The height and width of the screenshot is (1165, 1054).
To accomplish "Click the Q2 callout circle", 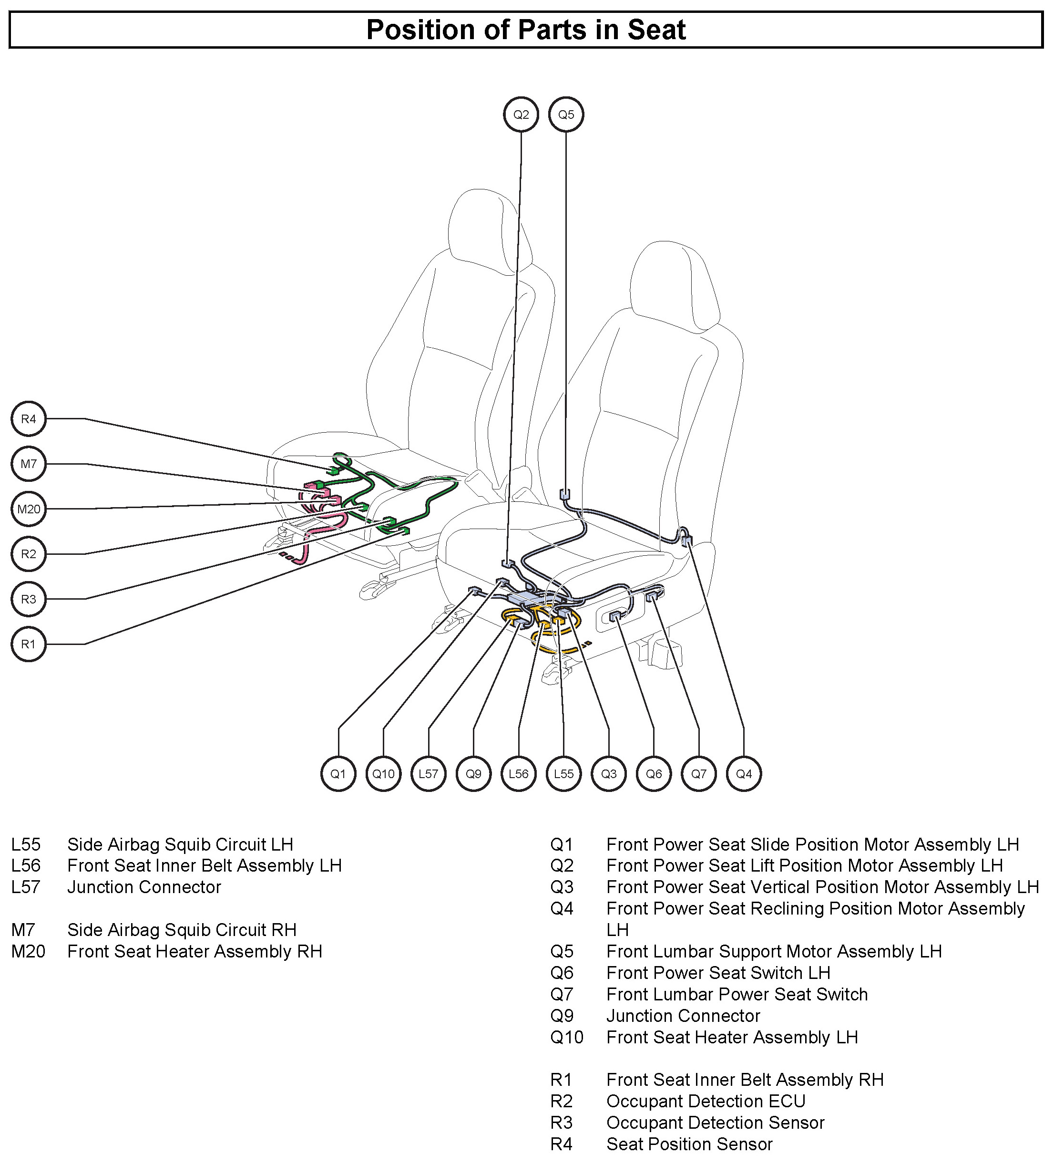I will tap(521, 114).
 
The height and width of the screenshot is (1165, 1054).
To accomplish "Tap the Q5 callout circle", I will tap(566, 114).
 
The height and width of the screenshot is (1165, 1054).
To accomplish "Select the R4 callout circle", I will tap(28, 419).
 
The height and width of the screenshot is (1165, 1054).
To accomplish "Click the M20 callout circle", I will tap(28, 509).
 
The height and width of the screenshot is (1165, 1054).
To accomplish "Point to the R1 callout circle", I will tap(28, 644).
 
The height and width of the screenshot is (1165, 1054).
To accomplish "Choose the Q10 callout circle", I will tap(383, 774).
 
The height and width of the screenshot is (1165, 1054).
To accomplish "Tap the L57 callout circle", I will tap(429, 774).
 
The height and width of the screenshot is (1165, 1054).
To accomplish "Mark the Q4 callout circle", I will tap(744, 774).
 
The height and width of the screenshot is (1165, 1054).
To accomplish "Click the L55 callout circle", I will tap(563, 774).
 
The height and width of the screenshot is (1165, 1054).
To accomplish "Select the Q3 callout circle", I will tap(609, 774).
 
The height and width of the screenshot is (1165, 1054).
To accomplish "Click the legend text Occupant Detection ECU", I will tap(706, 1102).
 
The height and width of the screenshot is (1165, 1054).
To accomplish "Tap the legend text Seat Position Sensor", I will tap(689, 1144).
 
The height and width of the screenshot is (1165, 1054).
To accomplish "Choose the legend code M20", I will tap(28, 952).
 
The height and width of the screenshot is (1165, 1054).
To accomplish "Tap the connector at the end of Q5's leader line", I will tap(565, 495).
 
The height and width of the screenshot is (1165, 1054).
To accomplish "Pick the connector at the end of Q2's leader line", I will tap(507, 562).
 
